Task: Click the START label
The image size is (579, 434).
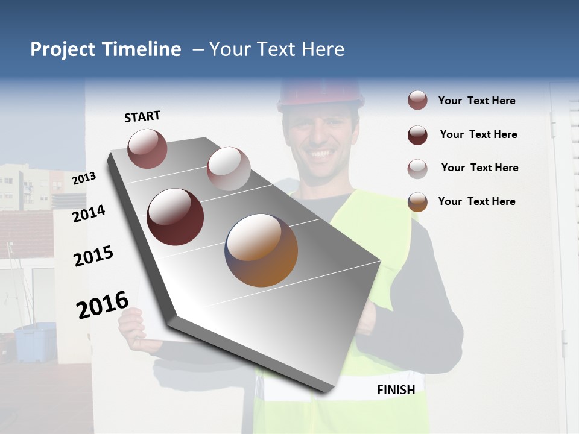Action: [x=142, y=116]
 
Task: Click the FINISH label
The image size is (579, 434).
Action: [x=396, y=390]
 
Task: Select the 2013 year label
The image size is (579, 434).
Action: [x=84, y=178]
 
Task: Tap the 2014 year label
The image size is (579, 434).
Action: [x=89, y=213]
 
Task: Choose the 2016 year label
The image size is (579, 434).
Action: [x=103, y=304]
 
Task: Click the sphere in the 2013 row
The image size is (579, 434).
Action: [x=147, y=148]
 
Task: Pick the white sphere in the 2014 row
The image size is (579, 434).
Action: [x=229, y=168]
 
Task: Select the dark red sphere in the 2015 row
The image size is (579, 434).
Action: [x=175, y=216]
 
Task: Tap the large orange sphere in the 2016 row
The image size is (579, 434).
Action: [x=261, y=250]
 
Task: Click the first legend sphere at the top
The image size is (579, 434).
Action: [x=417, y=101]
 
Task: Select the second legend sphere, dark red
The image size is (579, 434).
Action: [x=417, y=135]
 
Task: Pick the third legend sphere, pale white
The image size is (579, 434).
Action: [x=417, y=169]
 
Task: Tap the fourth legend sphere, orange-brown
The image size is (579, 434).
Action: [x=417, y=202]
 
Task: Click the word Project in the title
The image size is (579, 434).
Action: [x=63, y=49]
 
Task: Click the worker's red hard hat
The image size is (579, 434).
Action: [x=321, y=92]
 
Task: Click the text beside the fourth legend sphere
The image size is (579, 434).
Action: [x=476, y=201]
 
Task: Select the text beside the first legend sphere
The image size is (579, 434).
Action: [x=476, y=101]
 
